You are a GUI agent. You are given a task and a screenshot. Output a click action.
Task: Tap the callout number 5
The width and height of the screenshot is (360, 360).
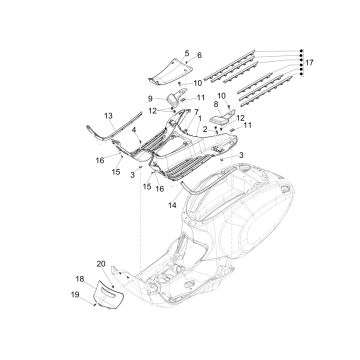[186, 50]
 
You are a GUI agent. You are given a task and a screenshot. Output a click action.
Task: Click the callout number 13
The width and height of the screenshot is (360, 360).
[108, 117]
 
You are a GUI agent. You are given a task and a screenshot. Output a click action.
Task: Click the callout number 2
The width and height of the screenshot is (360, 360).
[204, 130]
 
